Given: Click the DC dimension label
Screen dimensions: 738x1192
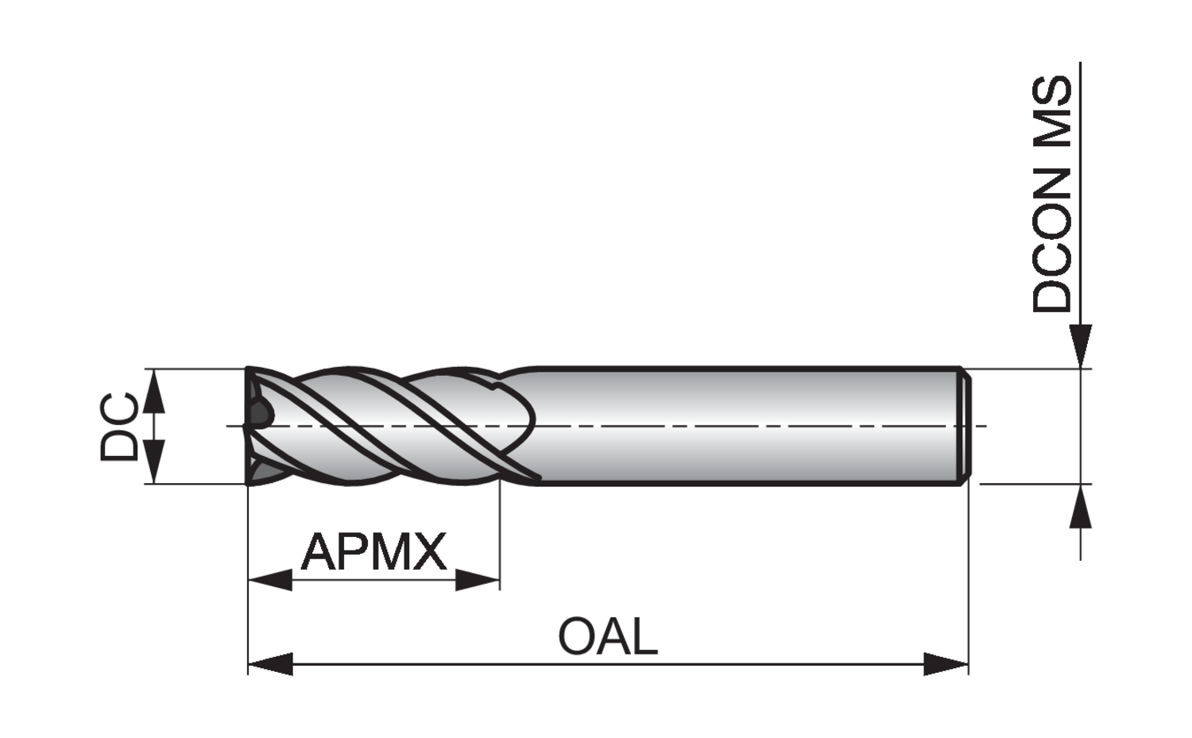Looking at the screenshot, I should tap(119, 427).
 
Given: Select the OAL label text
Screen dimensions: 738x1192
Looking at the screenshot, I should tap(608, 636).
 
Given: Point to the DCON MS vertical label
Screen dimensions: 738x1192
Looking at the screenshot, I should tap(1052, 195).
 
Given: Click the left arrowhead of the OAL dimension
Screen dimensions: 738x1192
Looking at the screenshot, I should tap(270, 663).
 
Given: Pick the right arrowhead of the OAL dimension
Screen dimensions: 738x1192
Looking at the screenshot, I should tap(946, 663).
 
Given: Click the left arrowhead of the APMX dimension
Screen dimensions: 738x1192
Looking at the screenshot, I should tap(270, 580).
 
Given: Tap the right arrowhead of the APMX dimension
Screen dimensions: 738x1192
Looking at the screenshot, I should tap(478, 580).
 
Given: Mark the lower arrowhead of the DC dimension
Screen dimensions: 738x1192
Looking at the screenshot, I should tap(156, 463).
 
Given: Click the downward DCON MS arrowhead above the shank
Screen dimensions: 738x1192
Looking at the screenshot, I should tap(1080, 346).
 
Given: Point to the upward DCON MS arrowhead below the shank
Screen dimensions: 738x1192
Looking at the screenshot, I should tap(1080, 506).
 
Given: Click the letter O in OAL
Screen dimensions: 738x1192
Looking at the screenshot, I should tap(575, 636).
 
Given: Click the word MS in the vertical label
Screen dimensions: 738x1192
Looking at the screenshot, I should tap(1052, 107).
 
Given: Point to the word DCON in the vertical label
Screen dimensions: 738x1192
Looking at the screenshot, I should tap(1052, 238).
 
